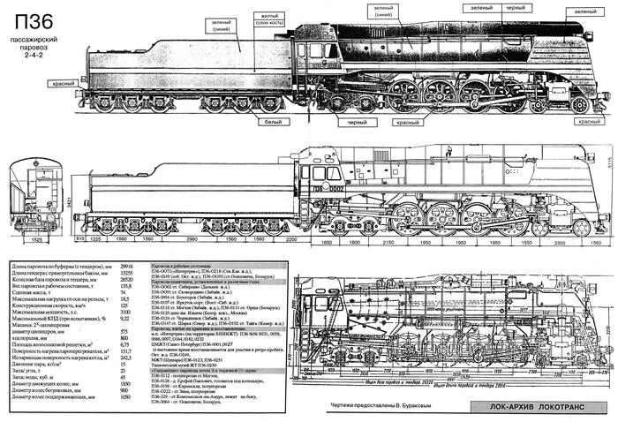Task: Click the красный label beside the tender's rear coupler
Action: [62, 82]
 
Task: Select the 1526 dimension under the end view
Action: [31, 239]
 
